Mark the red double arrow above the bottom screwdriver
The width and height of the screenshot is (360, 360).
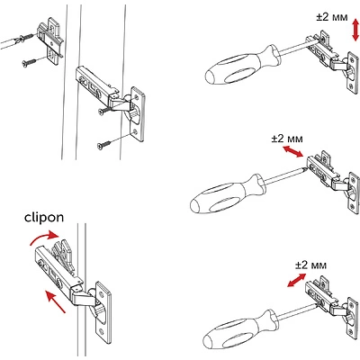(x=289, y=281)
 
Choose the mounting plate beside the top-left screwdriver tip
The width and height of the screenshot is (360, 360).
(x=49, y=40)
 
